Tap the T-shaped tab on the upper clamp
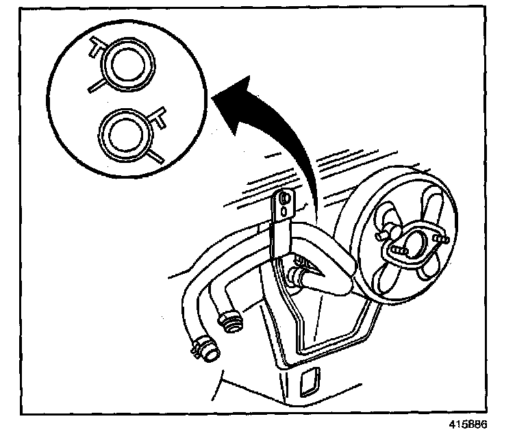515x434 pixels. (x=95, y=47)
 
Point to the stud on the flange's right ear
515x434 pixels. (x=439, y=238)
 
